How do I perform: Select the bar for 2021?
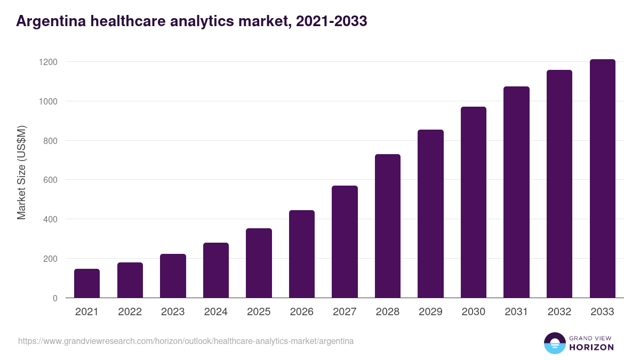(x=87, y=283)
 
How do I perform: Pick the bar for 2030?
(x=474, y=202)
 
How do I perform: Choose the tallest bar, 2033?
(x=603, y=179)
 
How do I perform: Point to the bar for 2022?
(x=130, y=280)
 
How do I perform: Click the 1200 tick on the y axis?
(x=47, y=62)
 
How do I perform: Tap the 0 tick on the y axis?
(x=55, y=298)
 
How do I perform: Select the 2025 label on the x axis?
(x=259, y=312)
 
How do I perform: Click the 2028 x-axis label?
(x=388, y=312)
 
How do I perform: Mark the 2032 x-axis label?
(x=559, y=312)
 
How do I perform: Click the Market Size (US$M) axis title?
(x=21, y=172)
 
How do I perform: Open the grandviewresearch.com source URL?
(x=186, y=341)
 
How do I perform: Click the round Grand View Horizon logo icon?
(x=554, y=343)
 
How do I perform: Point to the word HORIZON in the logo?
(x=591, y=347)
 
